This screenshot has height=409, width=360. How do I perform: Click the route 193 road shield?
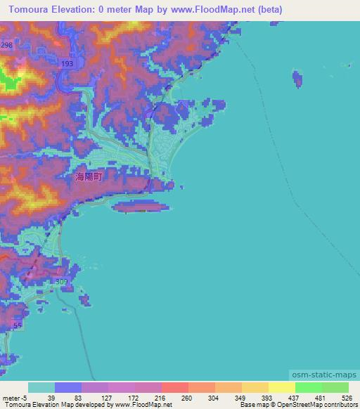(x=67, y=64)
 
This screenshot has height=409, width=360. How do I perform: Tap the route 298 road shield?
(x=7, y=45)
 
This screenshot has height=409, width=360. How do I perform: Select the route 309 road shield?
(x=61, y=282)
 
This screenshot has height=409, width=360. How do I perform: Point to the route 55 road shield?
(x=18, y=327)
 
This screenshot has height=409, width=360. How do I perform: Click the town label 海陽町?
(x=89, y=178)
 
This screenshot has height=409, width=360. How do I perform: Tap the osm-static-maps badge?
(x=326, y=375)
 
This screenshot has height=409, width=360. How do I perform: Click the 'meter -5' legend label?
(x=14, y=397)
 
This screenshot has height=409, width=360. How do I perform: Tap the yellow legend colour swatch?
(x=282, y=387)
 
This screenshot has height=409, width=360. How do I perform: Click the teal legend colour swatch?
(x=41, y=387)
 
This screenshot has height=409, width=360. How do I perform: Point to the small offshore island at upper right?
(x=301, y=79)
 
